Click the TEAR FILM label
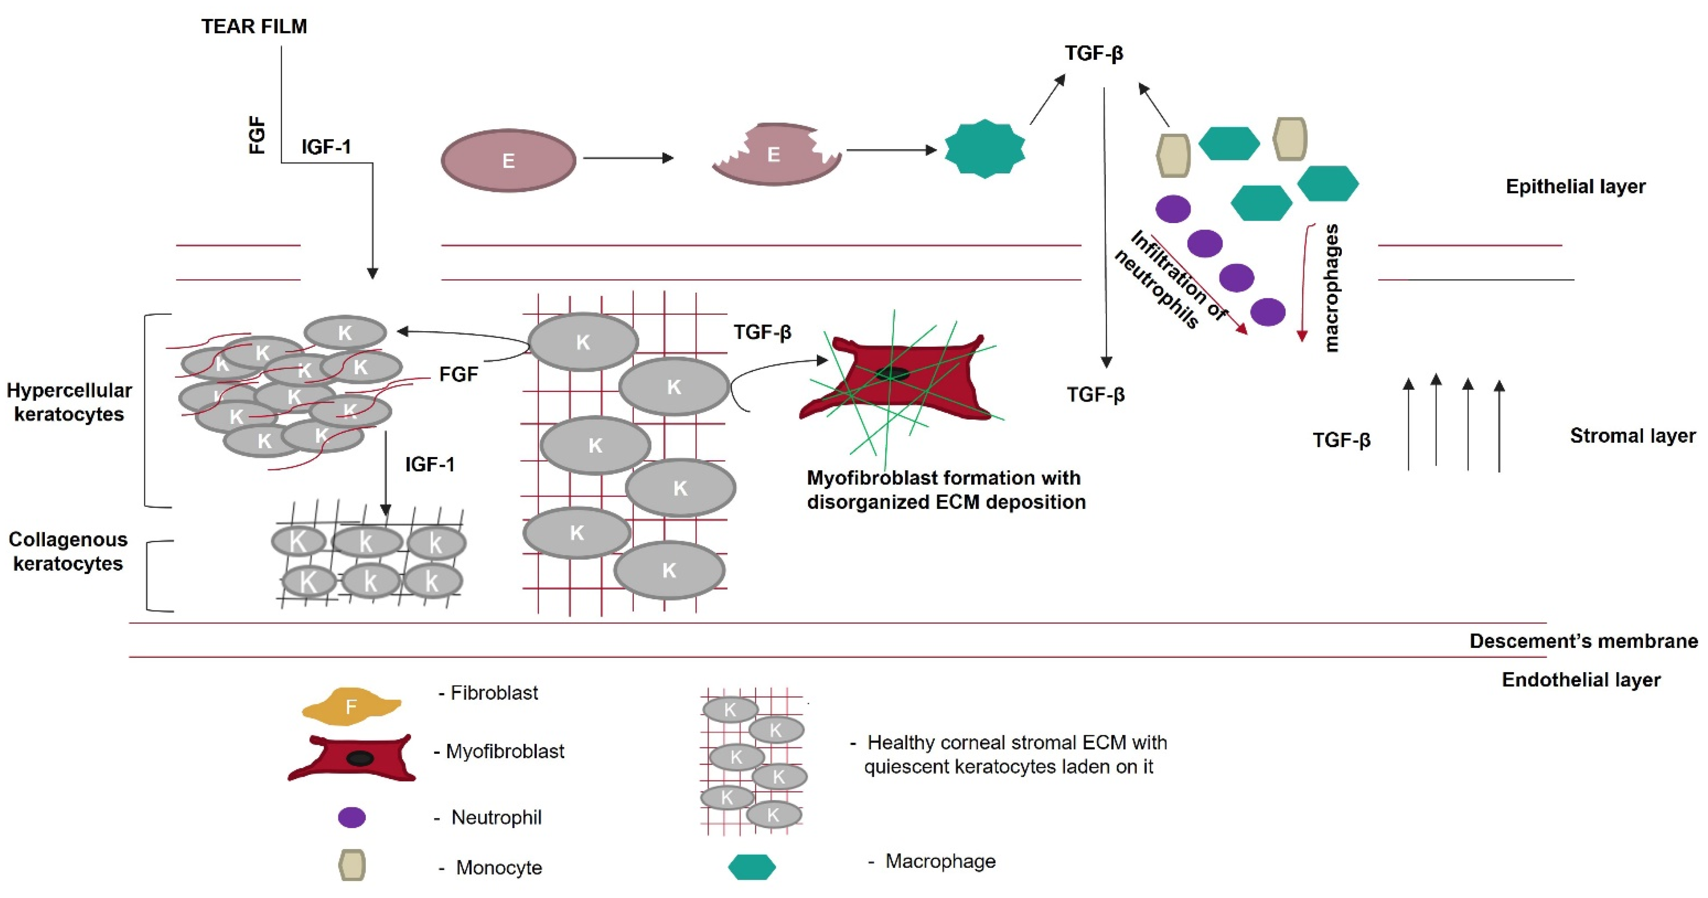(254, 27)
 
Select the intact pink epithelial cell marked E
(508, 160)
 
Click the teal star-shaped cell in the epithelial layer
(984, 149)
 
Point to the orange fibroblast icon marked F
(351, 706)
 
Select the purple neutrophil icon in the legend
(351, 817)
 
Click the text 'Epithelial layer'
(1575, 186)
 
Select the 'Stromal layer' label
(1632, 436)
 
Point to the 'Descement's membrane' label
(1584, 641)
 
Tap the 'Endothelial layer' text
(1581, 680)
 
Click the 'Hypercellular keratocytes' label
(69, 402)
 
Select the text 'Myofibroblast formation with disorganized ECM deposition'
(945, 489)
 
